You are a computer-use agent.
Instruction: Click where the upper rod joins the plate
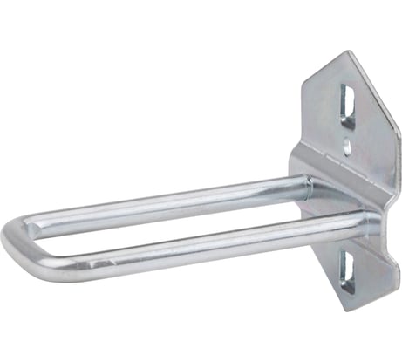(x=304, y=184)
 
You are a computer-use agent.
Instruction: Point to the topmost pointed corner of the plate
(x=348, y=51)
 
